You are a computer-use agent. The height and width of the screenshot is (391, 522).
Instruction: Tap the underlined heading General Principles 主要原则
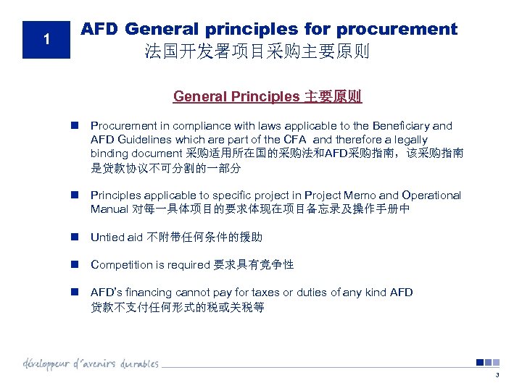268,96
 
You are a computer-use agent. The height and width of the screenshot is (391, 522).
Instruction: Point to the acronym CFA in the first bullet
297,140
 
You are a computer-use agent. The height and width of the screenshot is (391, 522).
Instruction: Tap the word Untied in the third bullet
107,237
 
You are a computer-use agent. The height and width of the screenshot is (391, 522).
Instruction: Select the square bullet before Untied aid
75,237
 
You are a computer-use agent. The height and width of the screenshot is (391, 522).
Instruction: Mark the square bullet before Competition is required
75,265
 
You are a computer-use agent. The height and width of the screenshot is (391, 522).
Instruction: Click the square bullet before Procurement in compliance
75,126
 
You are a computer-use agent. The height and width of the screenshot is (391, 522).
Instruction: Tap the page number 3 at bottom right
497,374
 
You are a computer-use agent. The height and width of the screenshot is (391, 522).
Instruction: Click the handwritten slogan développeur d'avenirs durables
91,363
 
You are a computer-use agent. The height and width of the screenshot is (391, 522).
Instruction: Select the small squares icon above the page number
488,363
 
